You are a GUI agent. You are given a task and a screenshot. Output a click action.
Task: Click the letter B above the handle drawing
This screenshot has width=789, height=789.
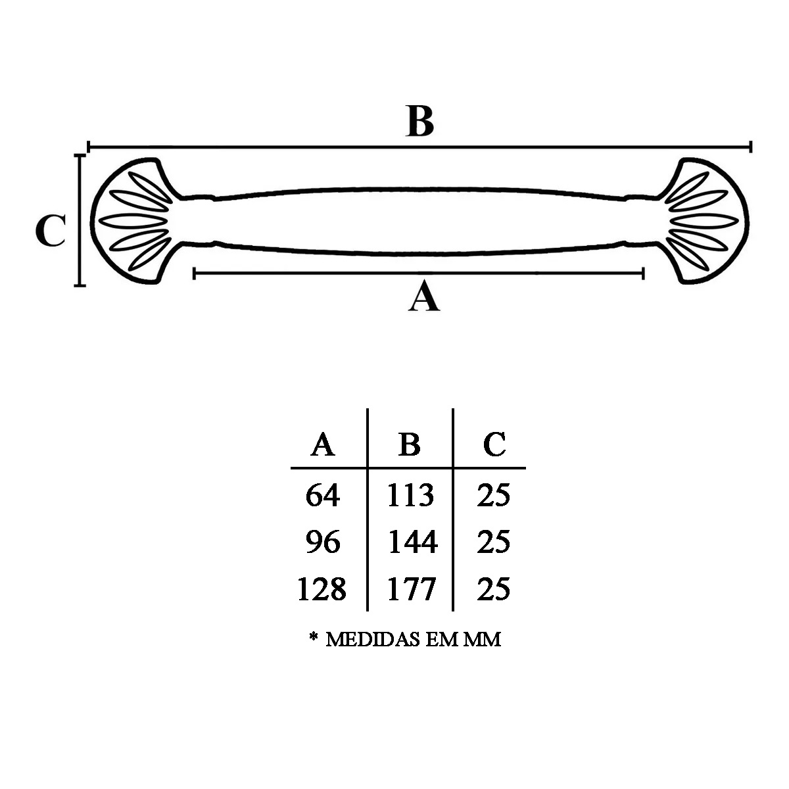(420, 122)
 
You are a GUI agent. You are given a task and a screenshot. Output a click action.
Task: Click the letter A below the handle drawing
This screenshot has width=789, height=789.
(423, 297)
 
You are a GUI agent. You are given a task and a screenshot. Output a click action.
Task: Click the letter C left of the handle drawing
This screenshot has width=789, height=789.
(50, 231)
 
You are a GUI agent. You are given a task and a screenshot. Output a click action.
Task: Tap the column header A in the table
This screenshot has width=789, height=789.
(322, 444)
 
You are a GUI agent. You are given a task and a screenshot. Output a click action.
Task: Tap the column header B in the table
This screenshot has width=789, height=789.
(409, 444)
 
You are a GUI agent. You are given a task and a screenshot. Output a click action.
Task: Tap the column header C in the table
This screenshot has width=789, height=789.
(494, 444)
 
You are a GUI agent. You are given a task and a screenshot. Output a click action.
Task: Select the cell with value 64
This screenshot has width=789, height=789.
(323, 495)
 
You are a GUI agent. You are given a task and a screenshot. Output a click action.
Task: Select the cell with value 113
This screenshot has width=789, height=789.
(410, 495)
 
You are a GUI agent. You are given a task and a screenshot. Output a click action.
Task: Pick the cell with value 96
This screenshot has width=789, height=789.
(323, 542)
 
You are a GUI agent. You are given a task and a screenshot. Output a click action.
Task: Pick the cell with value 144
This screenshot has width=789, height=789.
(412, 542)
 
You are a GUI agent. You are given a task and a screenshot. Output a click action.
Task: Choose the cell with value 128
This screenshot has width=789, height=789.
(322, 589)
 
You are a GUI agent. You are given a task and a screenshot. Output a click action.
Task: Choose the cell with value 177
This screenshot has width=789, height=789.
(411, 589)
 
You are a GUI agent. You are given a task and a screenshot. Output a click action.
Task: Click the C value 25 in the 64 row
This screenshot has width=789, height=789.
(493, 495)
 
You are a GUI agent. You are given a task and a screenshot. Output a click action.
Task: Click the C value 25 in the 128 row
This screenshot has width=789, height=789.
(493, 589)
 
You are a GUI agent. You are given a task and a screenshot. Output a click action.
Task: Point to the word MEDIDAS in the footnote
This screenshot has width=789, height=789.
(373, 639)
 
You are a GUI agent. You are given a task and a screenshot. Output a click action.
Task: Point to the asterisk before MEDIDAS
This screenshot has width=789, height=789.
(314, 638)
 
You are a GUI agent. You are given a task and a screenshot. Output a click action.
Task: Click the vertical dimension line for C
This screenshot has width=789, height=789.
(80, 221)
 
